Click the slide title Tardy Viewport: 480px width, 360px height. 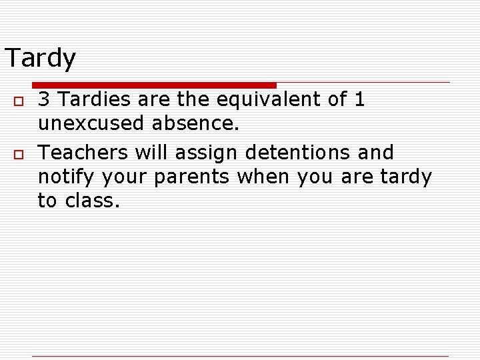tap(40, 59)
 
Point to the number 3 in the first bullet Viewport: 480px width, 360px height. tap(43, 100)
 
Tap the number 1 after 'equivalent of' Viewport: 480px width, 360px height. tap(359, 100)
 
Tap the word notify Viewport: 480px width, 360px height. tap(67, 177)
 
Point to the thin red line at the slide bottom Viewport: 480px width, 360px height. tap(240, 357)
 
